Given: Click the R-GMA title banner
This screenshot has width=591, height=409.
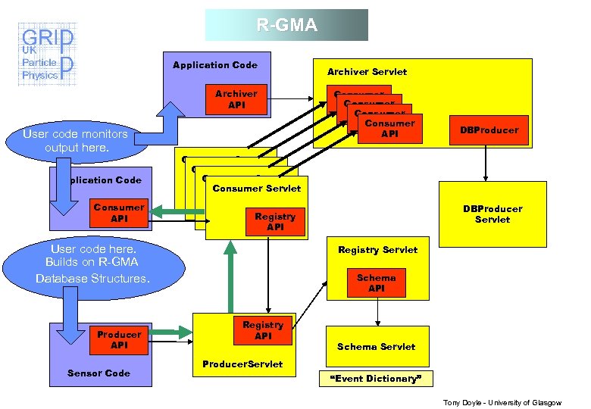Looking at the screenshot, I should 286,25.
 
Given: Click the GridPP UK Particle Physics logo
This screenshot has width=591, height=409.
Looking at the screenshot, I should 47,55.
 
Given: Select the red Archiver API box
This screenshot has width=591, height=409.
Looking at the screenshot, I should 236,99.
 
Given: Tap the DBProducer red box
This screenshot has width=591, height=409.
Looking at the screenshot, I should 489,130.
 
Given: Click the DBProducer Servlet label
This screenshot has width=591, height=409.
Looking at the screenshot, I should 492,214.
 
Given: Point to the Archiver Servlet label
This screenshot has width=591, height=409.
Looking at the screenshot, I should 367,72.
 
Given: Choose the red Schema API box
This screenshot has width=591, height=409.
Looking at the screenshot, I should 377,283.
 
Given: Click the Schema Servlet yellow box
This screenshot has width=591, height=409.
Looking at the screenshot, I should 377,346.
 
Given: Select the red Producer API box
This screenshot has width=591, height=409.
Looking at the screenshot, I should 119,340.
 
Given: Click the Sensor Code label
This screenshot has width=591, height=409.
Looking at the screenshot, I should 98,373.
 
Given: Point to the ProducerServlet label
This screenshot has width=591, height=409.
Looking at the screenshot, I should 242,364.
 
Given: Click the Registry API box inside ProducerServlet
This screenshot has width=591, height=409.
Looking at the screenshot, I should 263,330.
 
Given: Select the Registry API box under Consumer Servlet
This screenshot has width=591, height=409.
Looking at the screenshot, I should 275,222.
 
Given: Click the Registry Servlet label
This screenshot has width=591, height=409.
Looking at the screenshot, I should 377,249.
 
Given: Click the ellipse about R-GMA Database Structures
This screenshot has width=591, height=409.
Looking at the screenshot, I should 93,264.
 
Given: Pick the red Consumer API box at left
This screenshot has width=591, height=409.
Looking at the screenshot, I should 119,213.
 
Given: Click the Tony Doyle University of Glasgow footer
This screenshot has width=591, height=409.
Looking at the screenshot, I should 502,402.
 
